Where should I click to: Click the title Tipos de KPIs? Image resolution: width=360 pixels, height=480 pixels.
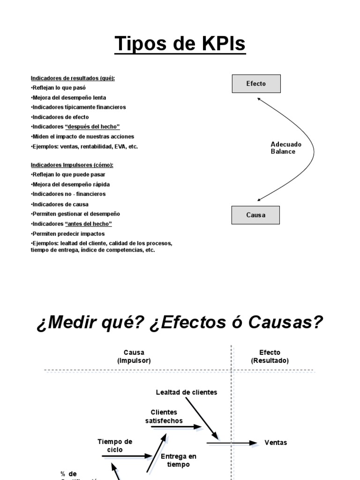click(x=180, y=44)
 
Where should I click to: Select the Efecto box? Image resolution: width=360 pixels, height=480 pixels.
click(x=256, y=84)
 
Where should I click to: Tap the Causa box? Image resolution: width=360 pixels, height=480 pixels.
click(x=255, y=215)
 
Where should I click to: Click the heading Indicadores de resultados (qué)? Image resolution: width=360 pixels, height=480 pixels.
click(x=73, y=78)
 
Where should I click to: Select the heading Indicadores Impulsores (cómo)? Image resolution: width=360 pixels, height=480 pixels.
click(x=72, y=165)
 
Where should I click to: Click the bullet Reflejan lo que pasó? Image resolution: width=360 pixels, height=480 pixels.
click(x=59, y=88)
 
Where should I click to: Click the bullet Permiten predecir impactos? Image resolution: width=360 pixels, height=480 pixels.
click(x=68, y=233)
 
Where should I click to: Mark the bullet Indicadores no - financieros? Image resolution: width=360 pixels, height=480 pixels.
click(x=68, y=194)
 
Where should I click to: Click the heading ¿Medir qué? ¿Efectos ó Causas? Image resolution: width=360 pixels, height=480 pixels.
click(x=180, y=323)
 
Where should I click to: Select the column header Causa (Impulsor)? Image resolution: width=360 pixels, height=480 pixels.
click(x=134, y=357)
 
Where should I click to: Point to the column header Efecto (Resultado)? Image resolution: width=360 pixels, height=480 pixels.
click(x=270, y=357)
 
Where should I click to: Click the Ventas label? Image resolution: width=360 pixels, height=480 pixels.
click(x=276, y=442)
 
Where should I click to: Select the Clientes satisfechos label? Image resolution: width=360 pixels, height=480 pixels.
click(x=164, y=416)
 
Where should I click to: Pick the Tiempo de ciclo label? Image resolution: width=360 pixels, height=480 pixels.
click(x=115, y=445)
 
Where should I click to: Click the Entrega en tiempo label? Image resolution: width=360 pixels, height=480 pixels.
click(x=178, y=460)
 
